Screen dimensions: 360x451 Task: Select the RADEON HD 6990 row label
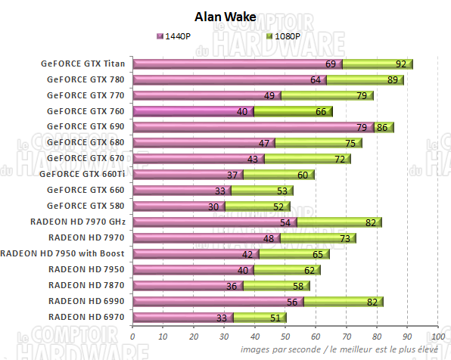pyautogui.click(x=88, y=300)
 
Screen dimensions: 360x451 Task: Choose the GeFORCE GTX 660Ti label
pyautogui.click(x=85, y=174)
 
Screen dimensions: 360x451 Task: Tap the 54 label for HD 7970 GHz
pyautogui.click(x=286, y=222)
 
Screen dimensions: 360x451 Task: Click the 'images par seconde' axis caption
pyautogui.click(x=339, y=349)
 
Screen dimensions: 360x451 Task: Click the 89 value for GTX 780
pyautogui.click(x=392, y=80)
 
